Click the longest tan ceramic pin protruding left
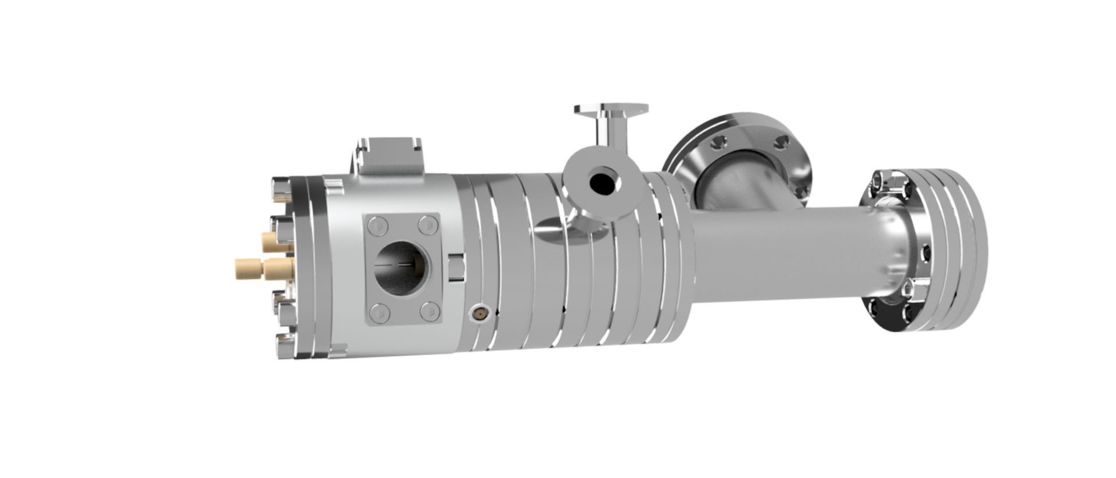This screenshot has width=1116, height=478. click(250, 268)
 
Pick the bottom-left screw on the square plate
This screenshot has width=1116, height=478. click(378, 312)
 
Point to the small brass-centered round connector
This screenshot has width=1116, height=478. click(480, 314)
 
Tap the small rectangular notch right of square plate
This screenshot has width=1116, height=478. click(456, 267)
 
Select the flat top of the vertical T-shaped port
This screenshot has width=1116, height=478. click(610, 109)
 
